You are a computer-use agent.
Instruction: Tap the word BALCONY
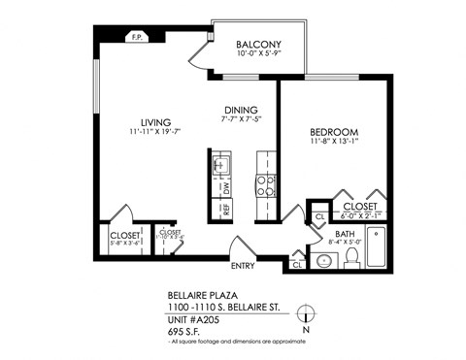[258, 45]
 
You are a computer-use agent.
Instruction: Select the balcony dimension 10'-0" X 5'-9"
[258, 54]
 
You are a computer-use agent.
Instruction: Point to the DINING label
[240, 109]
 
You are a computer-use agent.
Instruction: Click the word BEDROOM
[335, 132]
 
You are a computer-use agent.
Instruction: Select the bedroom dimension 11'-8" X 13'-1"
[335, 143]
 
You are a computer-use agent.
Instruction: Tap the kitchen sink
[219, 166]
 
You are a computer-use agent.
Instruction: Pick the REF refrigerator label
[225, 207]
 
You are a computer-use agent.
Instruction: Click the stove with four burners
[262, 184]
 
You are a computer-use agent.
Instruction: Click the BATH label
[345, 234]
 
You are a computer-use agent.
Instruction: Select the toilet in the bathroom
[353, 257]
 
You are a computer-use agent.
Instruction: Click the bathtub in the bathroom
[380, 247]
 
